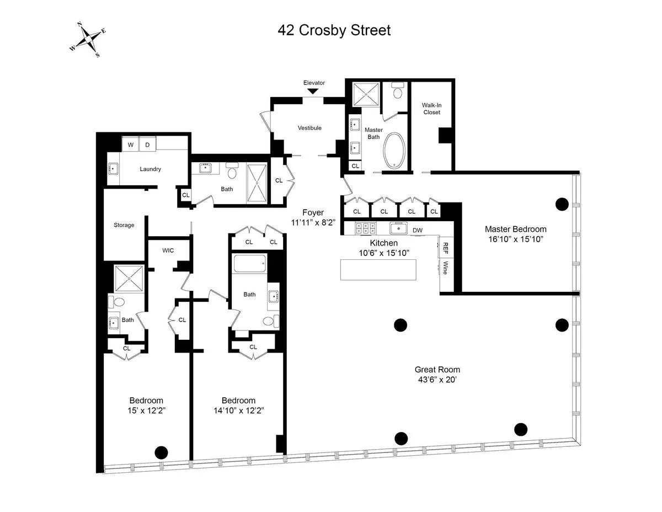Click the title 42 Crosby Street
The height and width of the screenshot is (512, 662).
click(x=334, y=30)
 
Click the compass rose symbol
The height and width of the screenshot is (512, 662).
click(x=88, y=40)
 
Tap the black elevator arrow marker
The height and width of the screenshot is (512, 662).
click(x=313, y=91)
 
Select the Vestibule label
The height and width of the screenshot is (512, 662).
click(x=309, y=128)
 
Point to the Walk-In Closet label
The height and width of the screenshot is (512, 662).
click(x=431, y=108)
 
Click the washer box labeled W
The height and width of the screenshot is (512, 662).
click(x=131, y=145)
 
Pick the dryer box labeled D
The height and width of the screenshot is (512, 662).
click(x=148, y=145)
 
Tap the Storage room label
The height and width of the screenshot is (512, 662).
click(x=124, y=225)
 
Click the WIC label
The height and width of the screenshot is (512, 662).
click(x=168, y=250)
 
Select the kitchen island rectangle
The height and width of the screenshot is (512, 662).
click(x=378, y=270)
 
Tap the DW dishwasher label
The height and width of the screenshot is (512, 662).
click(x=418, y=230)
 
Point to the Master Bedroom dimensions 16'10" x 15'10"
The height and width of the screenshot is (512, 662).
click(x=515, y=239)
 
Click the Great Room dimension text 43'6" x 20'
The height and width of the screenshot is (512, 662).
click(x=437, y=380)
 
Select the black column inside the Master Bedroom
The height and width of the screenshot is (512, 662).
click(x=562, y=204)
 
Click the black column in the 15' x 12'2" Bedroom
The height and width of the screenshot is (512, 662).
click(x=161, y=452)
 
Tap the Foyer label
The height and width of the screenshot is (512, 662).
click(x=313, y=212)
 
